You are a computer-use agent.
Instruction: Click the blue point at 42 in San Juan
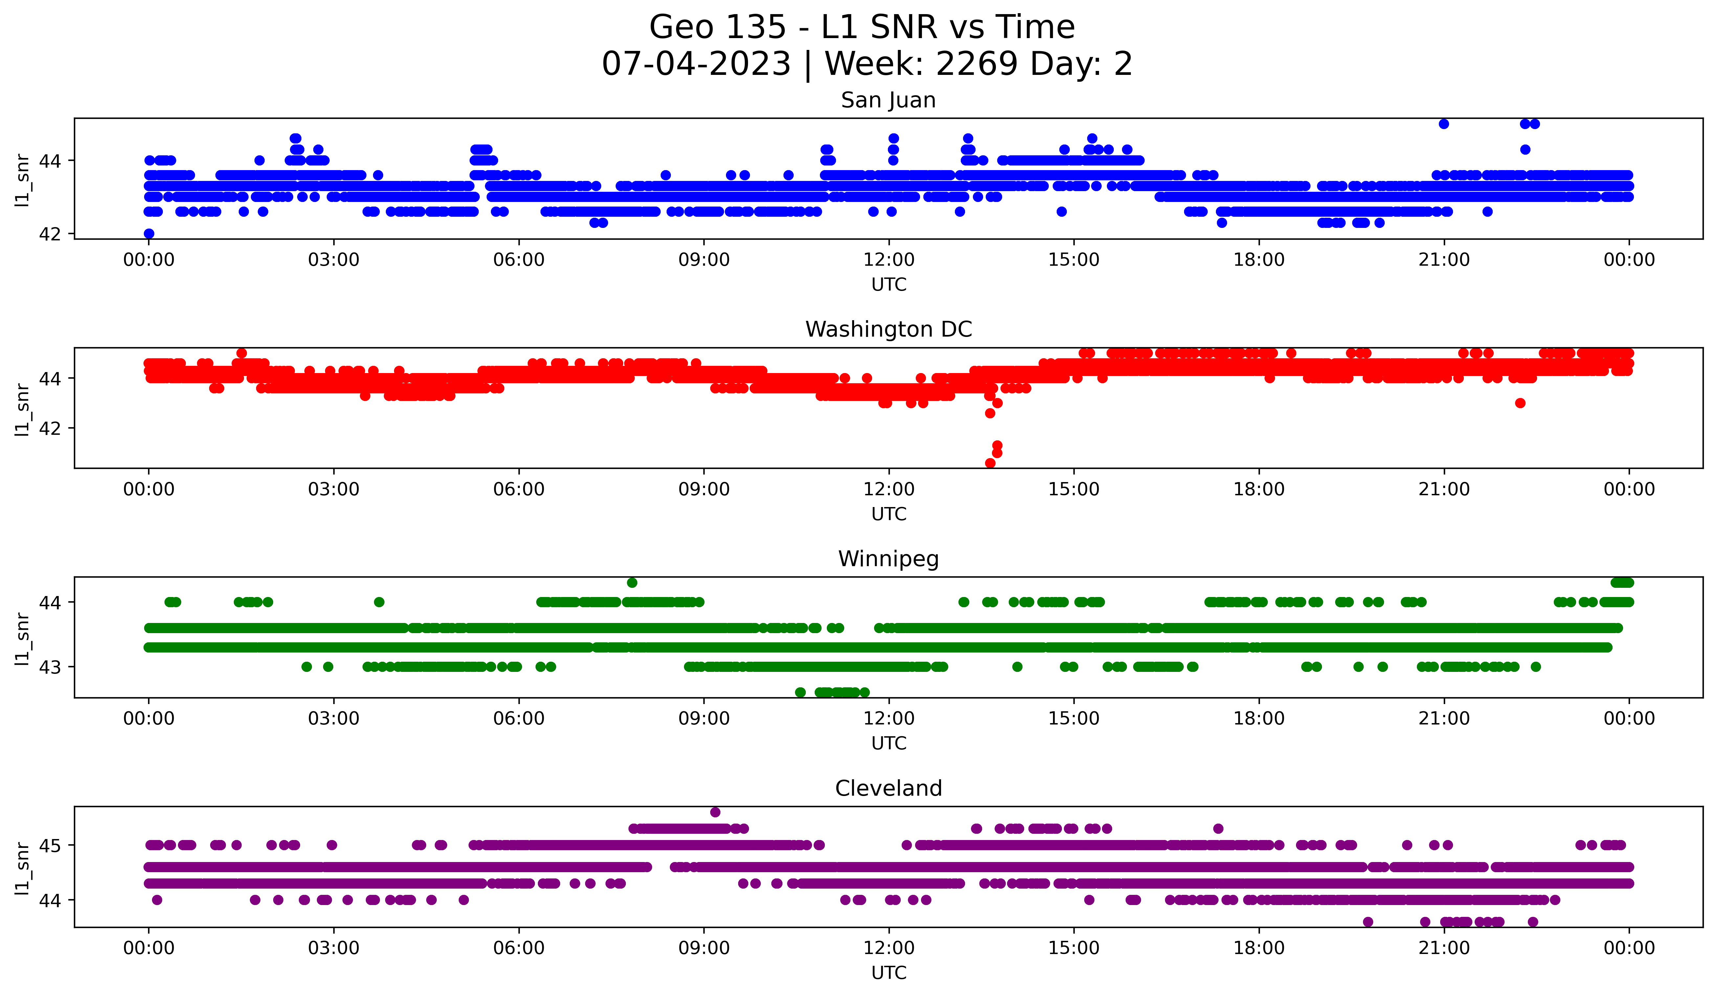coord(149,233)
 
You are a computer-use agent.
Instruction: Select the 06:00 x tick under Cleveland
coord(519,948)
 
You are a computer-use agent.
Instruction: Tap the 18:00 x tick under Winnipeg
coord(1258,719)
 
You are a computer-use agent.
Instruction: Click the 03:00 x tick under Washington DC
coord(334,490)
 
